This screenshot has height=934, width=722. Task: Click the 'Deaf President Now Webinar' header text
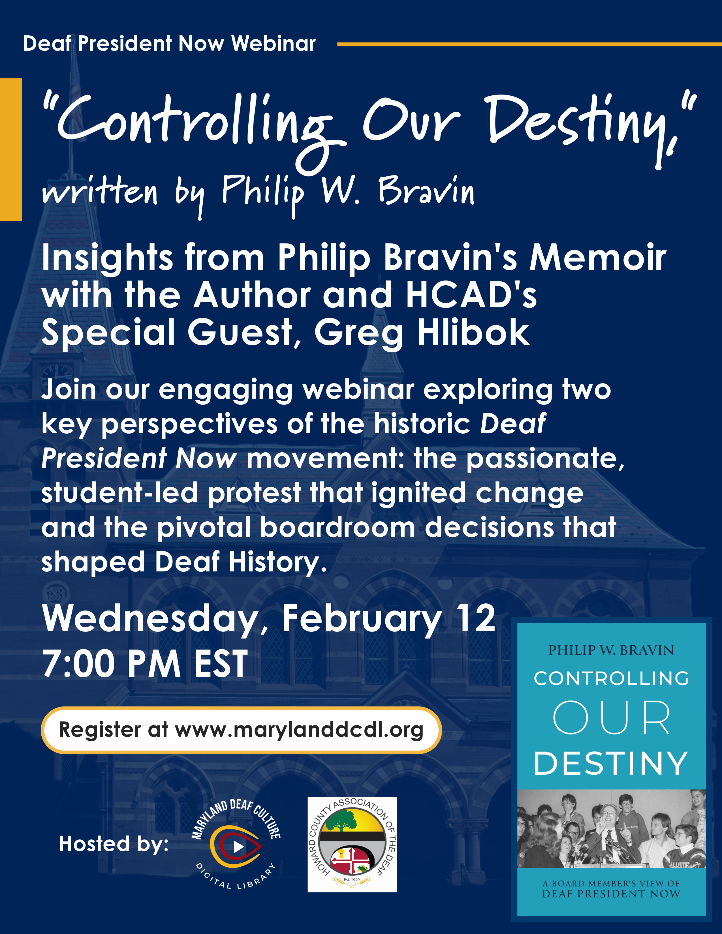point(169,44)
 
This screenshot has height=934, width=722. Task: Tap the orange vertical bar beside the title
point(11,149)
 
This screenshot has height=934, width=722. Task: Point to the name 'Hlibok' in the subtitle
point(473,332)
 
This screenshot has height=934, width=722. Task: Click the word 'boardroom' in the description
point(337,527)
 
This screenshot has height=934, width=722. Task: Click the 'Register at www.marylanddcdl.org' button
point(241,730)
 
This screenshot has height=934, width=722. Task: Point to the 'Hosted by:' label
point(114,844)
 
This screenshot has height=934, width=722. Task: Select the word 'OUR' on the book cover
point(611,718)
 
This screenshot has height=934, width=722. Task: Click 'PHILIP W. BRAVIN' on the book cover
point(611,650)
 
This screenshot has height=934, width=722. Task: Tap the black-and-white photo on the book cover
point(611,828)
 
